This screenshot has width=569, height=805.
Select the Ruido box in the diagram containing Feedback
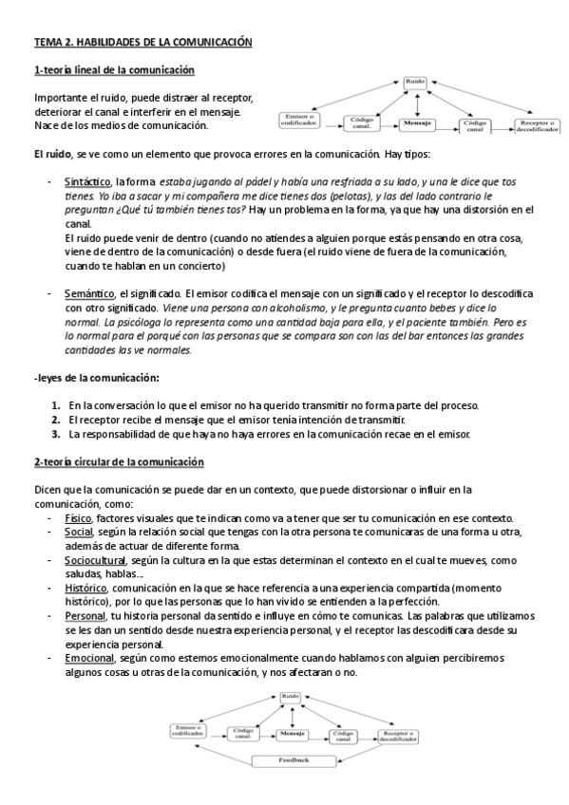click(x=292, y=697)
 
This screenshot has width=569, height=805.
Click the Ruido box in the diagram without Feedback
click(x=415, y=84)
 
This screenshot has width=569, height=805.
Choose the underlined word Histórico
click(x=85, y=589)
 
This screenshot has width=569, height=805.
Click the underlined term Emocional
click(x=88, y=658)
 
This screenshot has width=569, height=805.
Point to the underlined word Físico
click(x=78, y=518)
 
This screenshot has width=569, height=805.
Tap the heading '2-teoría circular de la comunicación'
click(x=119, y=462)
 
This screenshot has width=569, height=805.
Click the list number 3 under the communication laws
click(x=56, y=434)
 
